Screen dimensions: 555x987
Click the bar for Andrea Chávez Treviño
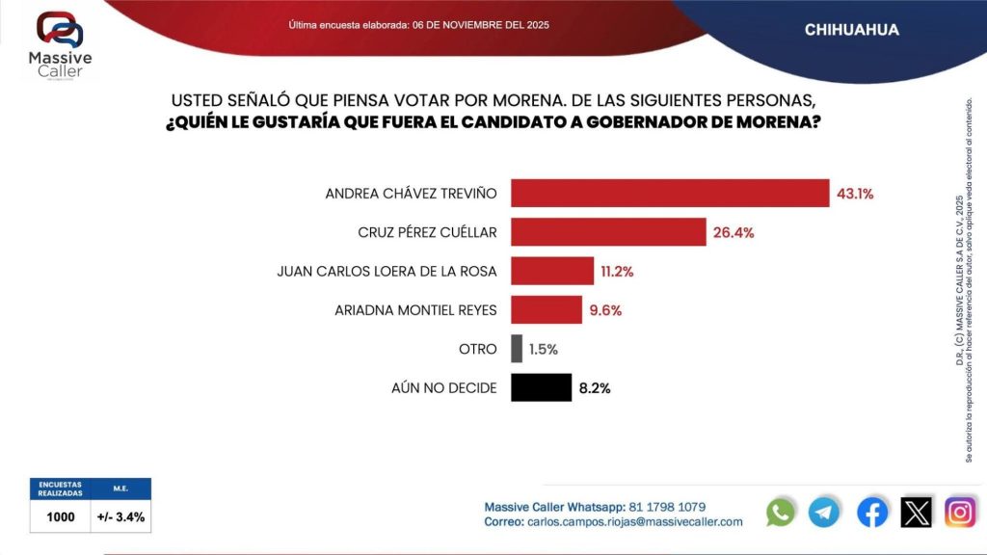669,193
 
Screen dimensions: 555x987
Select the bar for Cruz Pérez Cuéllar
608,232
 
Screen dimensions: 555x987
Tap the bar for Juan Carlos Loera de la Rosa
551,271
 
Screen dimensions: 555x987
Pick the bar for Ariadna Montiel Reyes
546,310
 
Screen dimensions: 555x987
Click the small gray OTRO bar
517,349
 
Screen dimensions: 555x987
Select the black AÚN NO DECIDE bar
541,387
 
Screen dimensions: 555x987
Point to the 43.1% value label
855,193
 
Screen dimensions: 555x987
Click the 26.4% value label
734,232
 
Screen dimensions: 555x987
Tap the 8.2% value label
595,388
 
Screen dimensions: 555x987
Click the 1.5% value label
543,349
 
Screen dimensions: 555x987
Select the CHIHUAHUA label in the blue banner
851,30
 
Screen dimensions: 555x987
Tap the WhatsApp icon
781,512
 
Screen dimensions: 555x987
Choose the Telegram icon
824,512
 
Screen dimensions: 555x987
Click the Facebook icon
872,512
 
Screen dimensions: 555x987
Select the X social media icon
916,512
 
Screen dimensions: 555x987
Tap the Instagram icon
960,512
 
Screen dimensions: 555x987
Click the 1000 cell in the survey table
61,516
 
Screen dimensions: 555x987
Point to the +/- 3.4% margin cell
121,516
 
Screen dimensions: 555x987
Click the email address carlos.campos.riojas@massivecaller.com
634,521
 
